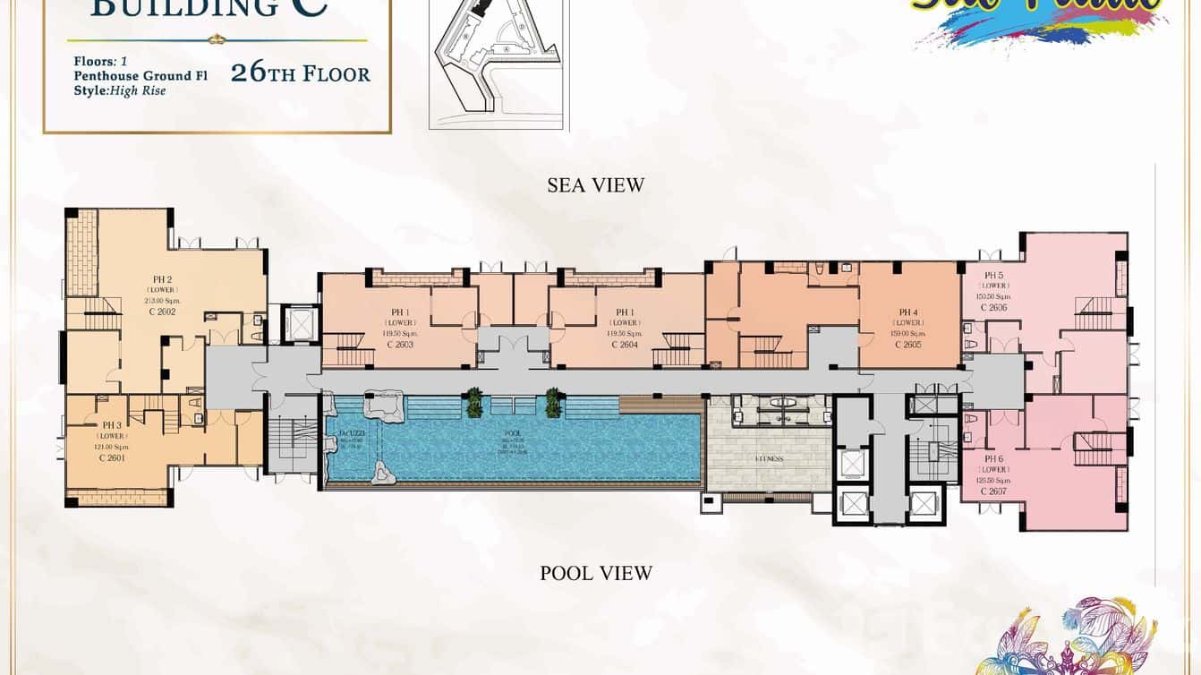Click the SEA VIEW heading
pos(595,185)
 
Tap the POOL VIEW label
pos(596,573)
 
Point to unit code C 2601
pos(112,457)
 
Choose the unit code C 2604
pos(625,345)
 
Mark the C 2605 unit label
pos(908,345)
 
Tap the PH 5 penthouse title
pos(993,276)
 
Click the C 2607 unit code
pos(993,491)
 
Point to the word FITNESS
pos(769,459)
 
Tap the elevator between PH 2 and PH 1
pos(301,323)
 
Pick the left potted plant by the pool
pos(473,403)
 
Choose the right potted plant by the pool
pos(554,403)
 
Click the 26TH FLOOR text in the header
pos(300,73)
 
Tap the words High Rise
pos(138,90)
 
